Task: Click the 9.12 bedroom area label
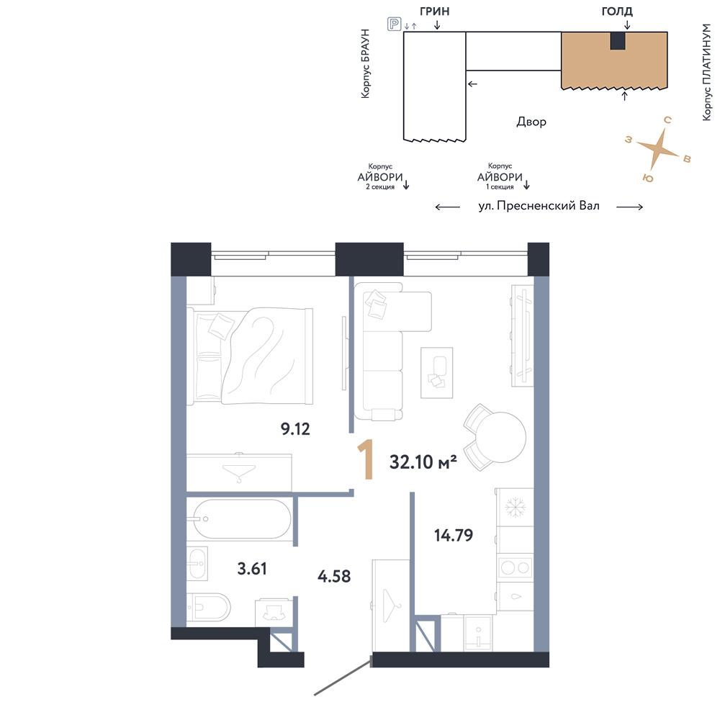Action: (295, 429)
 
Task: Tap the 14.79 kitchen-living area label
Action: (454, 535)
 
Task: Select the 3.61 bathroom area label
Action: (251, 569)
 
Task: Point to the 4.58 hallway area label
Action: (334, 576)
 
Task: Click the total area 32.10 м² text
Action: (423, 462)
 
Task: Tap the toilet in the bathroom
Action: (208, 607)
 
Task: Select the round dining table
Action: (500, 437)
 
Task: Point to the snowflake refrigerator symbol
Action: (515, 508)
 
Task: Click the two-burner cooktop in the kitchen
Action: (516, 568)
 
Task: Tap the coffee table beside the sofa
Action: (437, 372)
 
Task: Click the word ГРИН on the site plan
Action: (434, 11)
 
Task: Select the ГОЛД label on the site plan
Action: (617, 11)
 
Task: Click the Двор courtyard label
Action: (531, 122)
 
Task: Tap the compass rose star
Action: (658, 148)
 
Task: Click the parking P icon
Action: (395, 24)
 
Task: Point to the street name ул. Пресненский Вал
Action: (539, 206)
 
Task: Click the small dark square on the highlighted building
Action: (618, 41)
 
